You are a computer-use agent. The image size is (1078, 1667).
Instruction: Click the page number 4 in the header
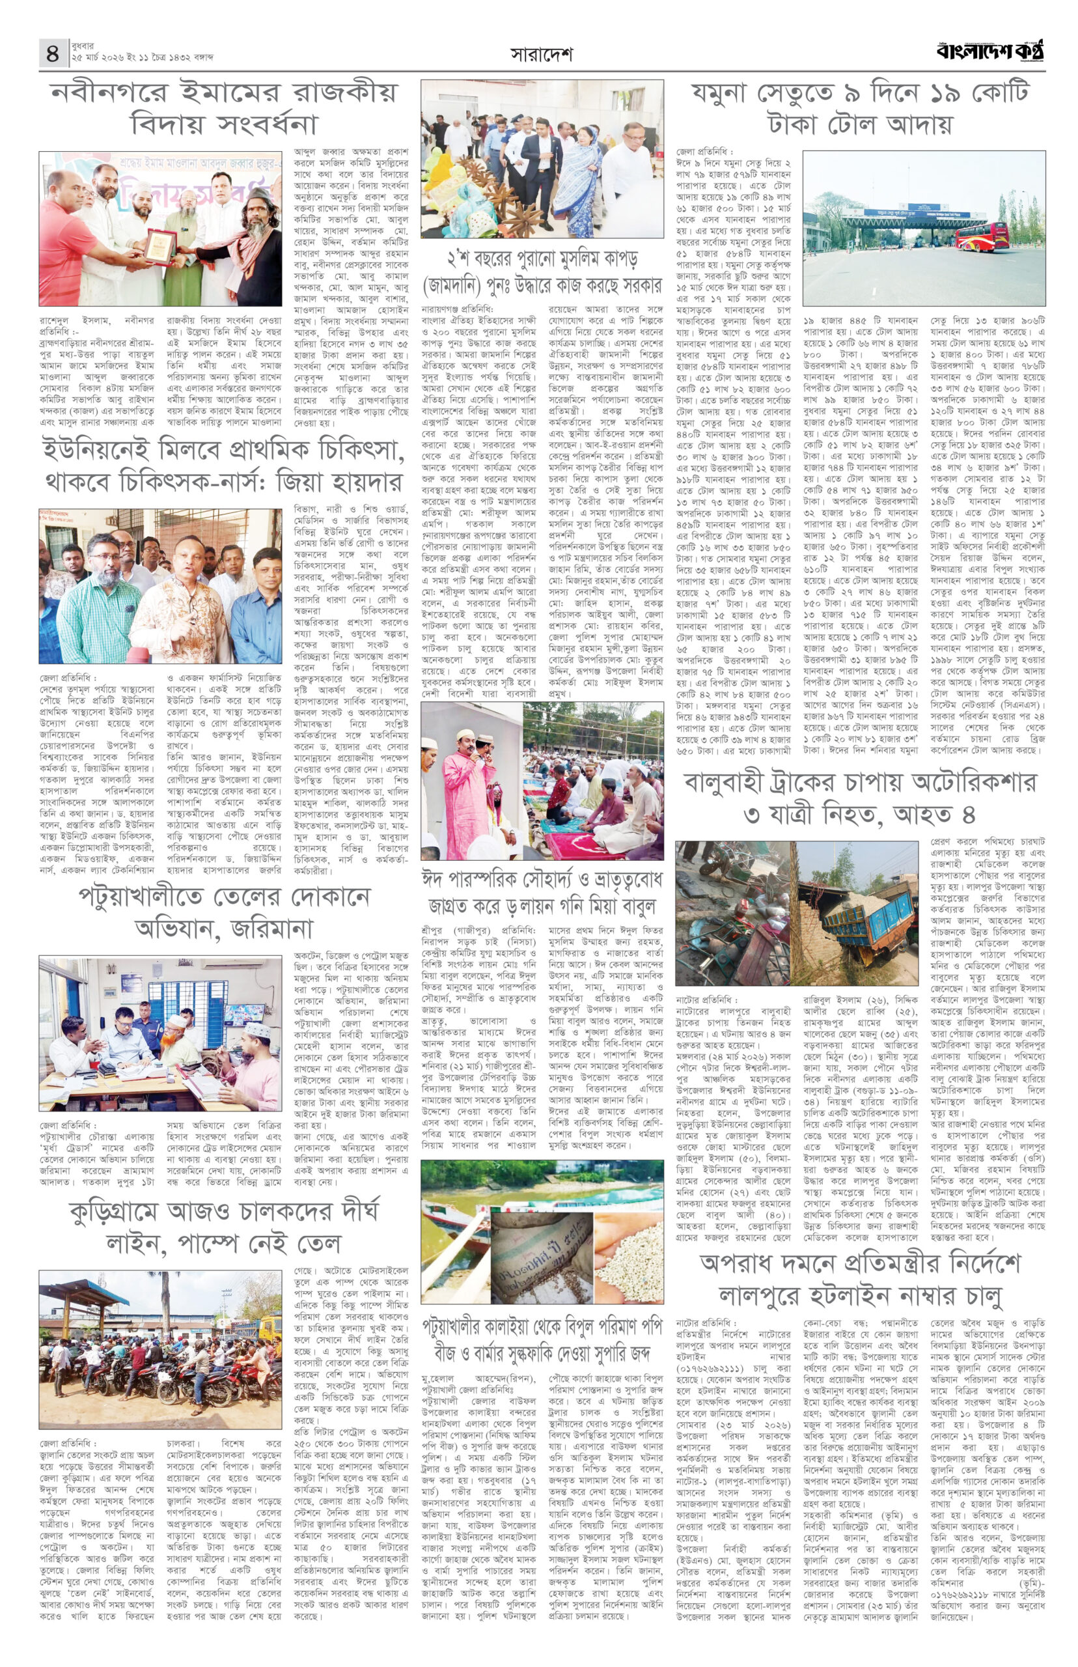coord(53,53)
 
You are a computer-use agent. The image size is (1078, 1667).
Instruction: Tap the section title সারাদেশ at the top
coord(541,55)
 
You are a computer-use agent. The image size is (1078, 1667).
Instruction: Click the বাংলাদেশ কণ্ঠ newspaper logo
coord(991,51)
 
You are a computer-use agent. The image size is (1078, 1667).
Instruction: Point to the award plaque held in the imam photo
coord(159,245)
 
